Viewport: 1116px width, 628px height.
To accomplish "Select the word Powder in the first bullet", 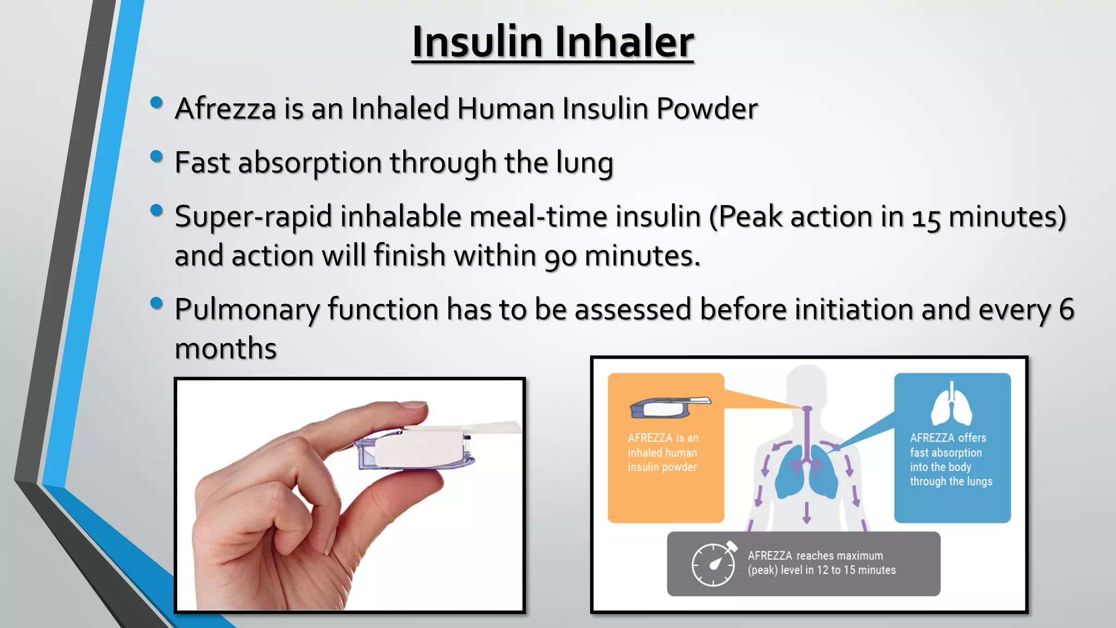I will click(707, 108).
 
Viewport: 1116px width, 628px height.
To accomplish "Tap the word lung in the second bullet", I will click(584, 163).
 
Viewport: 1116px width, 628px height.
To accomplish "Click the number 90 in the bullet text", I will click(560, 256).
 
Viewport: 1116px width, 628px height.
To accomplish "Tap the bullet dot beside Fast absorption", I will click(157, 156).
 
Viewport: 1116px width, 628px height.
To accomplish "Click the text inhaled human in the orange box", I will click(662, 452).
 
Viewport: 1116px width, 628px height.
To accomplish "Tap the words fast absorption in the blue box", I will click(945, 452).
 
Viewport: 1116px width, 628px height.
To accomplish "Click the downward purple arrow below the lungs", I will click(807, 512).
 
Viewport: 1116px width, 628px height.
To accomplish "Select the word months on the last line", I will click(226, 348).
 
